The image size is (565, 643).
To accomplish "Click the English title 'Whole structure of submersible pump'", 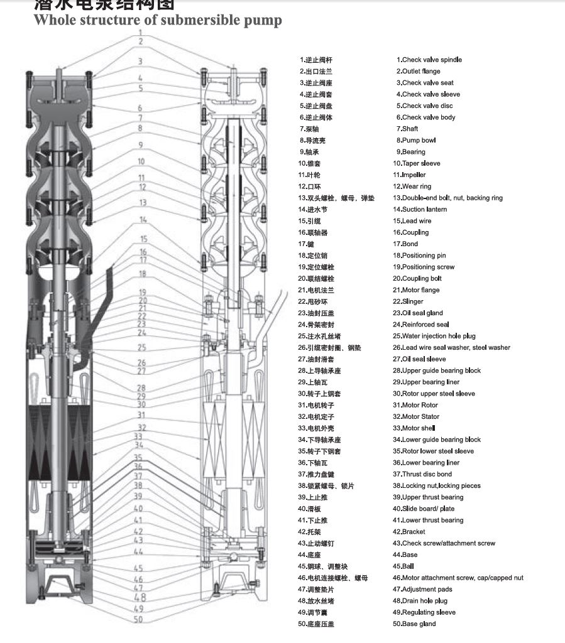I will (157, 20).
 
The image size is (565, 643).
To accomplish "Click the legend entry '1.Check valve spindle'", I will (429, 60).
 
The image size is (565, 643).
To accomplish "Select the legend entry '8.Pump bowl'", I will (415, 140).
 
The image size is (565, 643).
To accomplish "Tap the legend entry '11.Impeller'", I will (409, 175).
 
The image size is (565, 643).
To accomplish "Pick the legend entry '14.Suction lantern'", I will (420, 209).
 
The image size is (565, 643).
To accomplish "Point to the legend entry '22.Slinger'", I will (408, 301).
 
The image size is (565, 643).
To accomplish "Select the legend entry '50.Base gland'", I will (414, 624).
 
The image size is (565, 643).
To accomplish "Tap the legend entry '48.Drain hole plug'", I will (420, 601).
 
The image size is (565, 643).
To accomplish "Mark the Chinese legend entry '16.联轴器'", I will (312, 232).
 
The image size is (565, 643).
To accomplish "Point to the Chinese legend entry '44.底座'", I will (312, 555).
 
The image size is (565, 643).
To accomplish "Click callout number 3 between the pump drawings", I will (141, 62).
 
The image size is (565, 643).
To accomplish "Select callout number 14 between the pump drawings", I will (143, 220).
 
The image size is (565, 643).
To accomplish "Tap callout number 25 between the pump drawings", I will (142, 347).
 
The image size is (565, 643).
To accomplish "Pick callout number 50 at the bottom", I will (138, 620).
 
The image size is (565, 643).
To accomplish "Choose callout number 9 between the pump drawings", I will (141, 145).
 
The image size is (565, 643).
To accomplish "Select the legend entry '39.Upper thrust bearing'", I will (428, 497).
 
